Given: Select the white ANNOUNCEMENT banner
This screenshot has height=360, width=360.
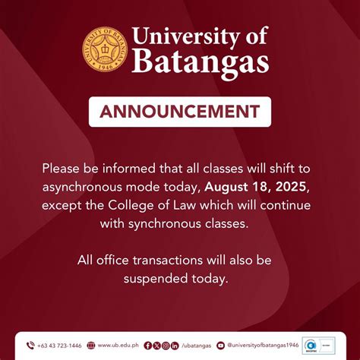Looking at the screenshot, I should tap(180, 112).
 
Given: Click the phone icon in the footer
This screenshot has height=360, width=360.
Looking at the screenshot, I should tap(30, 346).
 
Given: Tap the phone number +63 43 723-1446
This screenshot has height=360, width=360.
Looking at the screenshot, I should tap(59, 346).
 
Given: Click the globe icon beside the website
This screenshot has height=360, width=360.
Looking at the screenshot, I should tap(91, 346).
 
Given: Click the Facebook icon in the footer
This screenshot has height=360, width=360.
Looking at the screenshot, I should tap(147, 346).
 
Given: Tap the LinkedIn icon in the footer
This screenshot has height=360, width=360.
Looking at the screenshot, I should tap(175, 346).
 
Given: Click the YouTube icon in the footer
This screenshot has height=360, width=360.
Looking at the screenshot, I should tap(220, 346).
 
